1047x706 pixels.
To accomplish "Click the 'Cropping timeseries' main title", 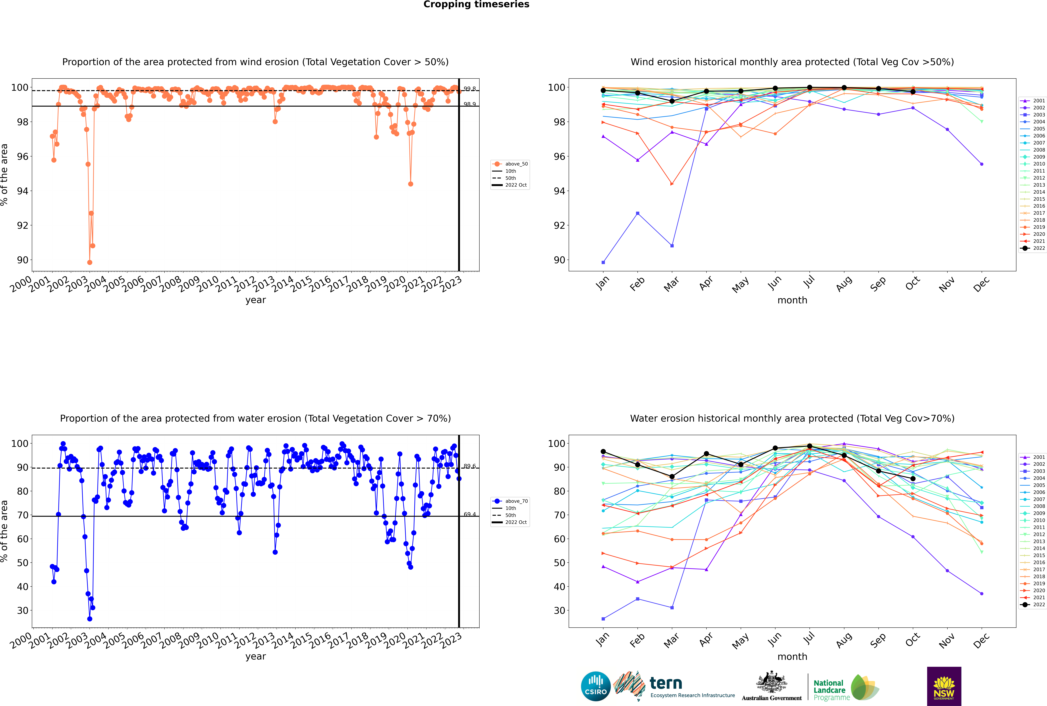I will [476, 4].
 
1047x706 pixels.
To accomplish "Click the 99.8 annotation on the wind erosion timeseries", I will [469, 89].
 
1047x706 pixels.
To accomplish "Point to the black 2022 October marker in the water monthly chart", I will [913, 479].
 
